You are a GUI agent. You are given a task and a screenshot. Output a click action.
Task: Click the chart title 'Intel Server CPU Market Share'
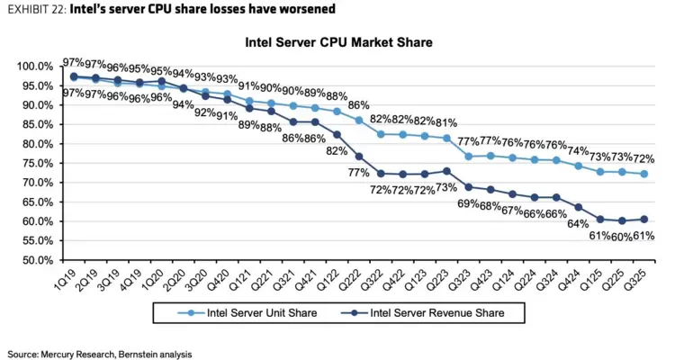tap(337, 42)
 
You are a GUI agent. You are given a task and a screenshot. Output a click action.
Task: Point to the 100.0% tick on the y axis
tap(37, 67)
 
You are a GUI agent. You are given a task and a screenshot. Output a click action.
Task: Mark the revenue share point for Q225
tap(622, 220)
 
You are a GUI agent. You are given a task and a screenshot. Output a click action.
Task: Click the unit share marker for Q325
tap(643, 174)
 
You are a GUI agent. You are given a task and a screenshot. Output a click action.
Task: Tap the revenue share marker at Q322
tap(380, 174)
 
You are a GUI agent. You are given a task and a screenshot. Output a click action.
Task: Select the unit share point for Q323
tap(468, 157)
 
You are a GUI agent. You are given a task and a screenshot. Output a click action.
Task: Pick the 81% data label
tap(445, 121)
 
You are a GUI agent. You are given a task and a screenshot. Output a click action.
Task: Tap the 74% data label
tap(579, 150)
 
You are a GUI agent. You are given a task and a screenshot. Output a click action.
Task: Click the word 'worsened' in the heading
tap(307, 10)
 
